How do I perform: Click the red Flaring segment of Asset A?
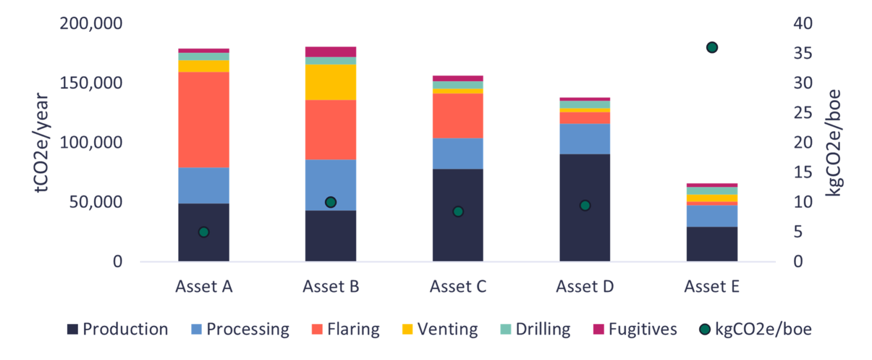(x=203, y=119)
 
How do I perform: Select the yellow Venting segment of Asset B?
(x=330, y=82)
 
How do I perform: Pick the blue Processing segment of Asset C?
(x=458, y=153)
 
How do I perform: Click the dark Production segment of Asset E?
(x=712, y=244)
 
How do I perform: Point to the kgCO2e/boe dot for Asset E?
(x=712, y=48)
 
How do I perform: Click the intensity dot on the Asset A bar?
(x=203, y=232)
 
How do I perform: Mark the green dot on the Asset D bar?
(x=585, y=206)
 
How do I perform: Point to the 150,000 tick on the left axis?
(x=95, y=83)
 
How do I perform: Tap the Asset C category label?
(x=458, y=286)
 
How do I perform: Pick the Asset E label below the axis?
(x=712, y=286)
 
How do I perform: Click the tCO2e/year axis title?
(x=43, y=143)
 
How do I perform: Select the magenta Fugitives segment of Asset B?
(x=330, y=51)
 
